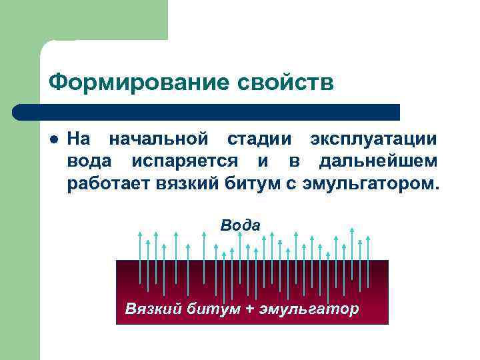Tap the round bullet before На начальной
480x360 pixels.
coord(55,141)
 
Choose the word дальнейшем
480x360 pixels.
coord(378,161)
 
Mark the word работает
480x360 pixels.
coord(109,183)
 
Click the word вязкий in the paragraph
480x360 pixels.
coord(187,183)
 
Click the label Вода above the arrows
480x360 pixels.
coord(240,225)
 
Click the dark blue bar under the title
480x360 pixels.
coord(207,111)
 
